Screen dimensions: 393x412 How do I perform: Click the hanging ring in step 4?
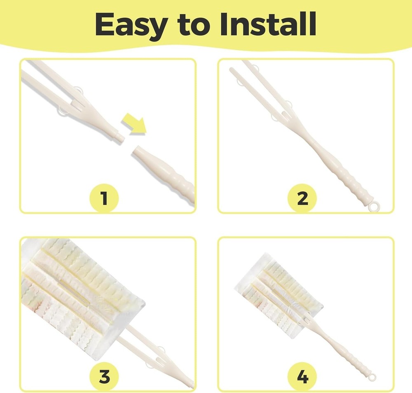(373, 377)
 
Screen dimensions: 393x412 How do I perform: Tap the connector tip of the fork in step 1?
(119, 135)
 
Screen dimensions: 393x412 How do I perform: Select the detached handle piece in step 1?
(165, 169)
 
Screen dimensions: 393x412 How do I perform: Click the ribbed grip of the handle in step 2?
(350, 181)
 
